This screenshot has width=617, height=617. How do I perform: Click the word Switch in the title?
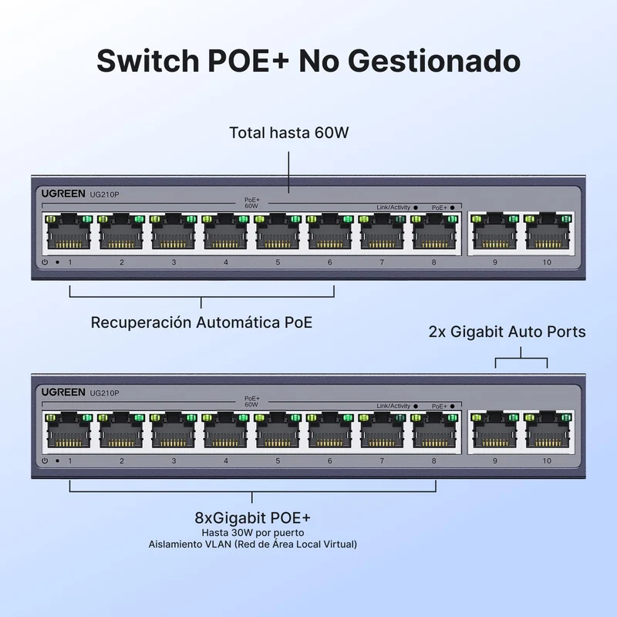point(148,61)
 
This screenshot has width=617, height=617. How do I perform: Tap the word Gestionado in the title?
point(434,61)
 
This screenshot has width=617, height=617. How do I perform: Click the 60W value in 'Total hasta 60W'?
point(332,133)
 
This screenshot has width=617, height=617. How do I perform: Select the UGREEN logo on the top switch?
point(63,194)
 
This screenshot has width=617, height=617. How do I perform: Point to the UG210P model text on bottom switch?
point(104,393)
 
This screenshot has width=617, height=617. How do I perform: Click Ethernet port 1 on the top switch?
point(69,233)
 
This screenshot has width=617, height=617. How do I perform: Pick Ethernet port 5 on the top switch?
point(278,233)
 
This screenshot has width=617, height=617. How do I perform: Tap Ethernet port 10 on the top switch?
point(548,233)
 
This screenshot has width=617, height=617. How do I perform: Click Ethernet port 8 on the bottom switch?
point(434,431)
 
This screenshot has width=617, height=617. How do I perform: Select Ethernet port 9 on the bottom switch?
point(495,431)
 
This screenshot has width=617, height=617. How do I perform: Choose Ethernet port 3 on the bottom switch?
point(173,431)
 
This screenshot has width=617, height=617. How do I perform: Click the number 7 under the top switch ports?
point(382,262)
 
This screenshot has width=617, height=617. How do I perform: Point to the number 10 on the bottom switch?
point(547,460)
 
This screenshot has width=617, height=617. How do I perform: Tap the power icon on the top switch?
point(45,262)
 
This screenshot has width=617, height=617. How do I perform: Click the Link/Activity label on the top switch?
point(393,207)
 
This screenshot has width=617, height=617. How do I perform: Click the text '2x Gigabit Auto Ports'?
point(507,332)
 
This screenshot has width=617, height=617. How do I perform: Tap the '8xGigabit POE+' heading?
point(253,518)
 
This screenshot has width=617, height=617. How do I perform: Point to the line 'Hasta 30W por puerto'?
point(253,533)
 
